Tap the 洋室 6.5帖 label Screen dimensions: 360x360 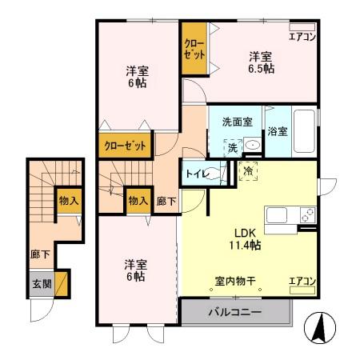pyautogui.click(x=261, y=62)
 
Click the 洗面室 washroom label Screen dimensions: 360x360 pyautogui.click(x=237, y=122)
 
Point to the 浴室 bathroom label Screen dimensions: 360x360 pyautogui.click(x=278, y=130)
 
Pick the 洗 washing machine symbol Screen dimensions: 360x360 pyautogui.click(x=232, y=147)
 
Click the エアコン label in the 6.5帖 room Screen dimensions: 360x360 pyautogui.click(x=302, y=37)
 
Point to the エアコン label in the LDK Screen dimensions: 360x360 pyautogui.click(x=302, y=280)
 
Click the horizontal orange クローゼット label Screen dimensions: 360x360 pyautogui.click(x=126, y=146)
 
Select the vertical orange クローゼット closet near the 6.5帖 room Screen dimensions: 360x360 pyautogui.click(x=194, y=50)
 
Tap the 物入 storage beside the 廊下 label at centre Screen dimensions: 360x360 pyautogui.click(x=138, y=199)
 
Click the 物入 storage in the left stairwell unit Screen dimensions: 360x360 pyautogui.click(x=68, y=201)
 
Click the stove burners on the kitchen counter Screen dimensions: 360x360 pyautogui.click(x=306, y=214)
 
